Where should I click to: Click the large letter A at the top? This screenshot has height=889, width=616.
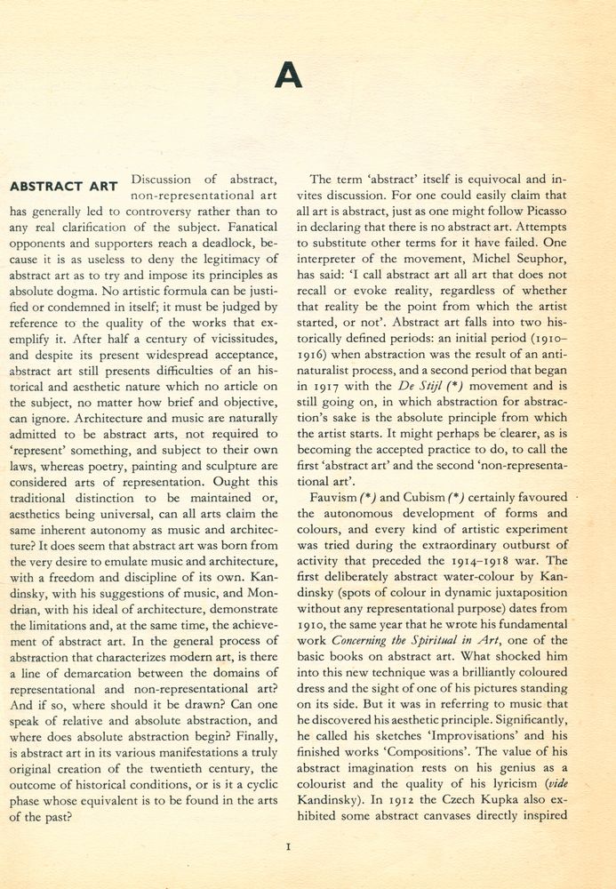click(288, 75)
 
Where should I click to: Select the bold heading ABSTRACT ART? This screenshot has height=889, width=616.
click(63, 187)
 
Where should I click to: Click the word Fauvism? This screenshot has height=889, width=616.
click(336, 498)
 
